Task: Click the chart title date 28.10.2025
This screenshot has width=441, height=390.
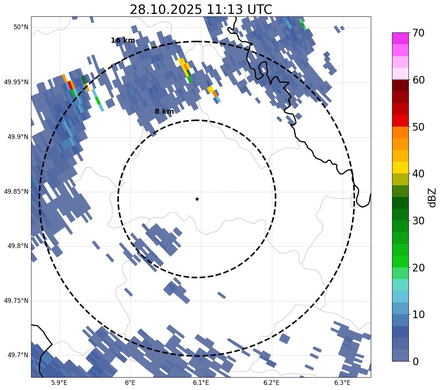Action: pos(166,9)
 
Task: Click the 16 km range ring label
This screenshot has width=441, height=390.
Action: pos(123,40)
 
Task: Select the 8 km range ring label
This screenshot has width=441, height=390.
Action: pos(164,112)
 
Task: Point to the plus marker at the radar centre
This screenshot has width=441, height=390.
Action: pos(197,199)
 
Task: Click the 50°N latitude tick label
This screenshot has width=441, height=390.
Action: pos(21,27)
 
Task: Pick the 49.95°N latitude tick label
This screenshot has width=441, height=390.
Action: pos(16,82)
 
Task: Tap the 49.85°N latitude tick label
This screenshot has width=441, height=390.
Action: pos(16,192)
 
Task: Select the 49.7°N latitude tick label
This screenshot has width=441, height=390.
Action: pos(18,355)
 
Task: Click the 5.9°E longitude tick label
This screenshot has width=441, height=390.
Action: pos(59,383)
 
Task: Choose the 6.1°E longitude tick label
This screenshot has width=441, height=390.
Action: pos(201,383)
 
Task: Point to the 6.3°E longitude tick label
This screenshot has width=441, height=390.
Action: pos(342,383)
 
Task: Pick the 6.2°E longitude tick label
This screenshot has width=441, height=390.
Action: pos(271,383)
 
